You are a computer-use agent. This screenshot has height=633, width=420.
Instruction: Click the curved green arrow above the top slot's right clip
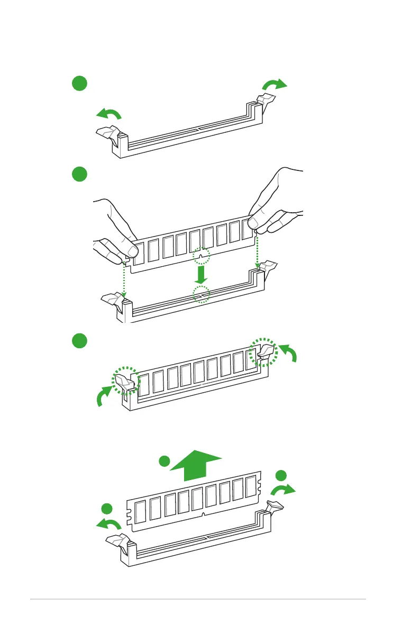point(276,85)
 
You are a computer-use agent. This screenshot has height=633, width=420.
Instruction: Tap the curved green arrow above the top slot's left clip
point(109,113)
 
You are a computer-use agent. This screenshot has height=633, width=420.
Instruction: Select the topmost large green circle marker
point(79,83)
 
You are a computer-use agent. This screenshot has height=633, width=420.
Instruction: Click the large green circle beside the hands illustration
point(79,174)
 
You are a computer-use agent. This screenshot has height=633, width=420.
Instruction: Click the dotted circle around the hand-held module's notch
point(201,257)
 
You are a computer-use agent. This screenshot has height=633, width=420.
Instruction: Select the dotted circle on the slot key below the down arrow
point(201,294)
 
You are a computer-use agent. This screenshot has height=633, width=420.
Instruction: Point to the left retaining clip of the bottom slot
point(117,541)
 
